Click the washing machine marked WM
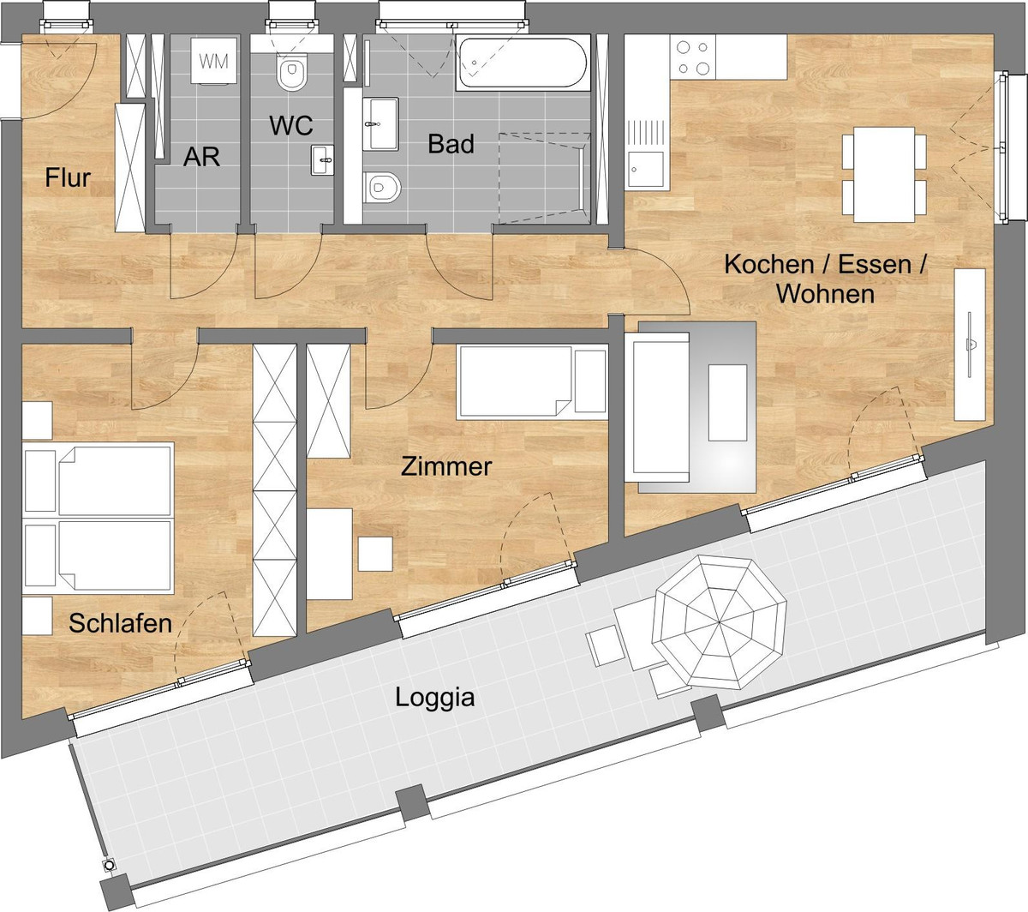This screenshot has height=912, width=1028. [x=213, y=60]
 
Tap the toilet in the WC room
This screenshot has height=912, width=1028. [x=292, y=73]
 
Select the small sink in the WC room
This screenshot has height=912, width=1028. [x=322, y=160]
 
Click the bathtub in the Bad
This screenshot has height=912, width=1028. [x=523, y=63]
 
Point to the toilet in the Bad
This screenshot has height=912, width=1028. [x=381, y=188]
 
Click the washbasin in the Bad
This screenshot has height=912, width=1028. [x=380, y=124]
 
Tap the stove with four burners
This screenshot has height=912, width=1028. [x=692, y=57]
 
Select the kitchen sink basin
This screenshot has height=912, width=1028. [x=646, y=169]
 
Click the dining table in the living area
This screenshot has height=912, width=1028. [x=884, y=174]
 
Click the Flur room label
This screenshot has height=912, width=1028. [x=68, y=177]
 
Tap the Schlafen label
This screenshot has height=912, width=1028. [x=120, y=623]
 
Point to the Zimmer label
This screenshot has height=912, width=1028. [x=446, y=466]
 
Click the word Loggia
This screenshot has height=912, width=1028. [x=435, y=699]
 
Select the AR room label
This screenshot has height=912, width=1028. [x=201, y=157]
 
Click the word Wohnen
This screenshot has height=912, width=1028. [x=826, y=294]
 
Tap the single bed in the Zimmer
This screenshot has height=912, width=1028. [x=532, y=382]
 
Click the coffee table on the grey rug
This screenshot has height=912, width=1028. [x=727, y=403]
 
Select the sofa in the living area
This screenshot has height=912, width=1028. [x=656, y=407]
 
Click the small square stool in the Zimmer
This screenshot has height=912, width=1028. [x=375, y=554]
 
